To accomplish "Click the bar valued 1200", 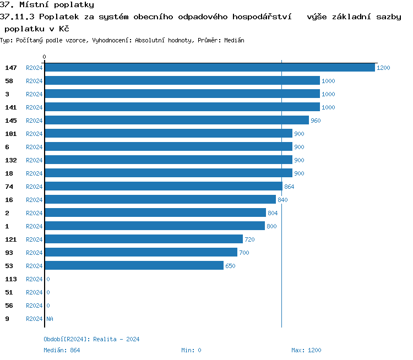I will coord(209,68).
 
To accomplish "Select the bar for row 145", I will coord(176,121).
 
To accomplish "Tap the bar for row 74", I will coord(163,187).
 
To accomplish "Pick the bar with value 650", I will coord(134,266).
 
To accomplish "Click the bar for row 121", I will coord(143,239).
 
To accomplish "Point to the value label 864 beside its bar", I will coord(289,187).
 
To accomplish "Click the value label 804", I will coord(273,213).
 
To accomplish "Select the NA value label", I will coord(50,319).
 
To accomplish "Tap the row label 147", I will coord(11,68).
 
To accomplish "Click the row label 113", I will coord(11,279).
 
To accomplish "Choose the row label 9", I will coord(7,319).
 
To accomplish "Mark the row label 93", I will coord(9,253).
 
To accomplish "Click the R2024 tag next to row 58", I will coord(34,81).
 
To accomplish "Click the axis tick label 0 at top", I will coord(45,57).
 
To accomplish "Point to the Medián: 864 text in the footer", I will coord(62,350).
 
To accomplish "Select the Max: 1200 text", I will coord(306,350).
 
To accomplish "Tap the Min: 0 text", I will coord(191,350).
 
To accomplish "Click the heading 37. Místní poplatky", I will coord(47,5).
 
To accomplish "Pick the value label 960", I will coord(316,121).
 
